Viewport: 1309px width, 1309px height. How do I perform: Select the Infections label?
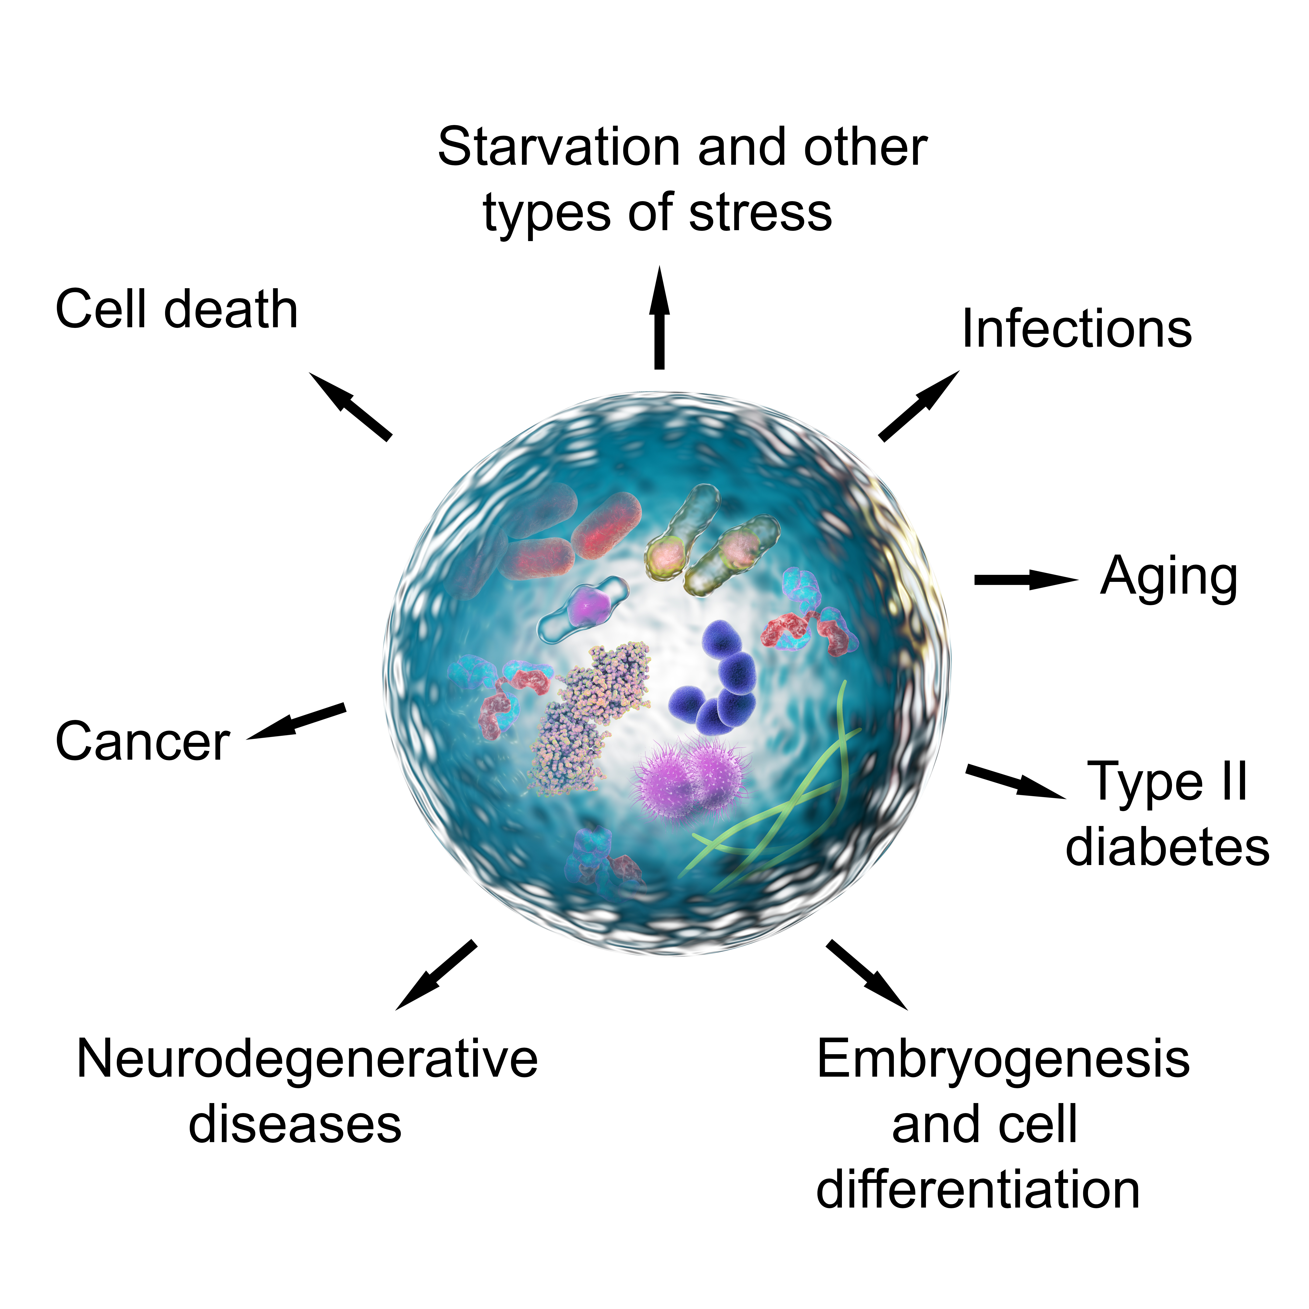point(1077,329)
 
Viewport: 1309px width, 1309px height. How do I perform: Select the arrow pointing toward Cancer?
point(296,721)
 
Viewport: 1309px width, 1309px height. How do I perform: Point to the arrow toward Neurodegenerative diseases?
point(436,975)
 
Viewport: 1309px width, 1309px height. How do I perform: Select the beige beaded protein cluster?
point(588,718)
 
